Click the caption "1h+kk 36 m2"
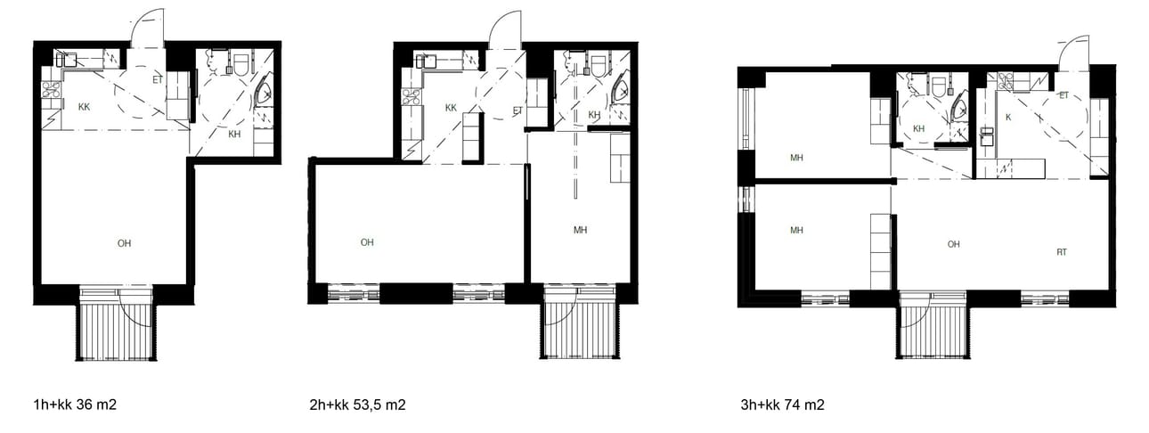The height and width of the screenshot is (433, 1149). pos(75,404)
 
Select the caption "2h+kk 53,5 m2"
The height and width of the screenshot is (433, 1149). pos(357,404)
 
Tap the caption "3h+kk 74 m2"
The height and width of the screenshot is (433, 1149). pos(782,404)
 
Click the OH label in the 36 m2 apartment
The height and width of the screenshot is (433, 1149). pos(124,243)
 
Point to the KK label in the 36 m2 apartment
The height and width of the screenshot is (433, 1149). pos(84,107)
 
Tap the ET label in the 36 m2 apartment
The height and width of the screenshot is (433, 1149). pos(158,80)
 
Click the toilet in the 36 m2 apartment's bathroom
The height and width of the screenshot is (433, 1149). pos(241,63)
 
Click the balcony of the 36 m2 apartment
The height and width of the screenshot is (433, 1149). pos(117,329)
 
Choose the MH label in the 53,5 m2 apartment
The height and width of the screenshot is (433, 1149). pos(580,230)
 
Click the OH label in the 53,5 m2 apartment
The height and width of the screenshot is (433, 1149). pos(367,242)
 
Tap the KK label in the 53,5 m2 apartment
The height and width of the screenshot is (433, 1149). pos(451,107)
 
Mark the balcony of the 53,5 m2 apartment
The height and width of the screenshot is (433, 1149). pos(580,329)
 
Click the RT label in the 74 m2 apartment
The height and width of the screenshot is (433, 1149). pos(1062,252)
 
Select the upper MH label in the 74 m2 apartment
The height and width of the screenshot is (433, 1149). pos(796,158)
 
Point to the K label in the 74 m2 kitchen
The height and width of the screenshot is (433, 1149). pos(1008,118)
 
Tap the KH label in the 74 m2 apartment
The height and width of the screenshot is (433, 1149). pos(918,128)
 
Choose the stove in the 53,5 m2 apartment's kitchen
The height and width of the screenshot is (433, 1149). pos(412,96)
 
